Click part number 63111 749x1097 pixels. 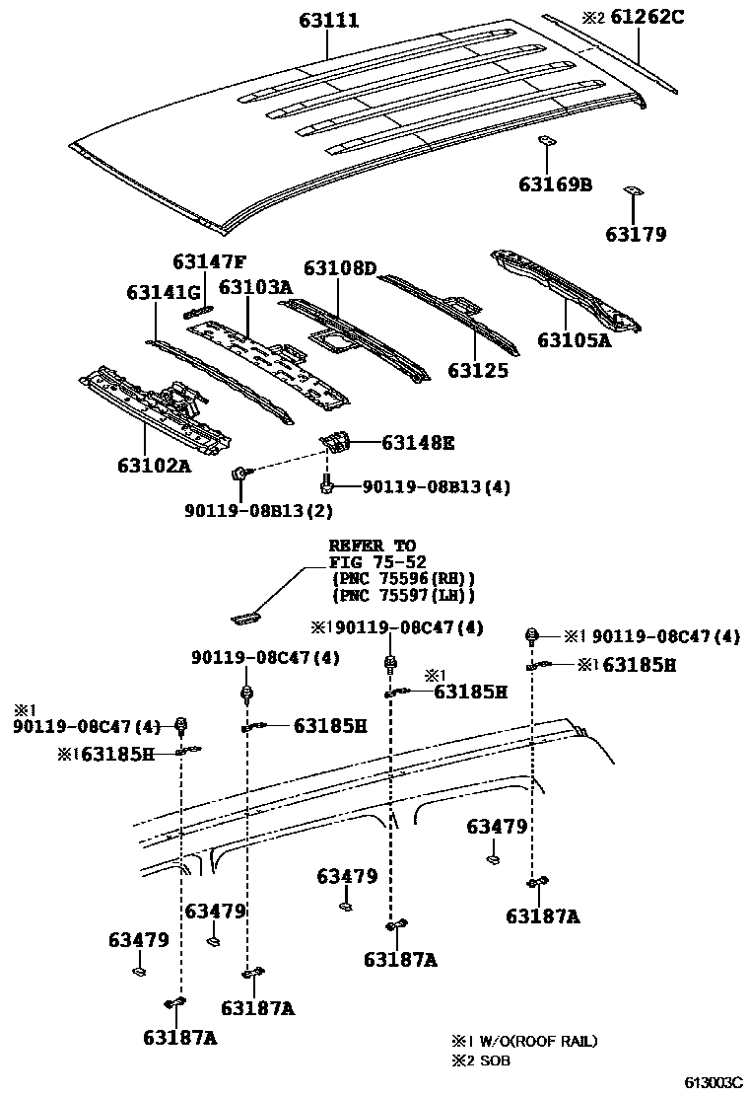(x=329, y=20)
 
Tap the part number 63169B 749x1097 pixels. (x=555, y=183)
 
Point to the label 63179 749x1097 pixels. (x=636, y=235)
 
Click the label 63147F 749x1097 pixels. (x=209, y=261)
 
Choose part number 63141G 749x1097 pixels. (x=163, y=293)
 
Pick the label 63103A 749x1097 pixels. (x=254, y=287)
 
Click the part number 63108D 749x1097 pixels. (x=340, y=268)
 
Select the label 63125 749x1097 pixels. (x=478, y=371)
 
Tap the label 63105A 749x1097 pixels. (x=575, y=340)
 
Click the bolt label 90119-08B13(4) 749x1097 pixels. (x=437, y=486)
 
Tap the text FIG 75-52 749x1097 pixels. (x=372, y=562)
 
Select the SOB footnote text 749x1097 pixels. (x=496, y=1060)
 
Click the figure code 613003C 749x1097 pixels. (x=713, y=1082)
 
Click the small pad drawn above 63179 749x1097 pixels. (x=634, y=192)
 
